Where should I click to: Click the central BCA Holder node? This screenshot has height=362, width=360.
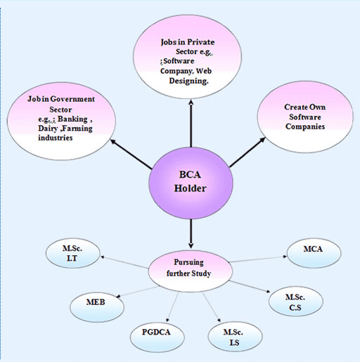(x=190, y=181)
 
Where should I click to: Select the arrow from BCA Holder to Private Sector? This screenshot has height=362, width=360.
(x=190, y=127)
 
